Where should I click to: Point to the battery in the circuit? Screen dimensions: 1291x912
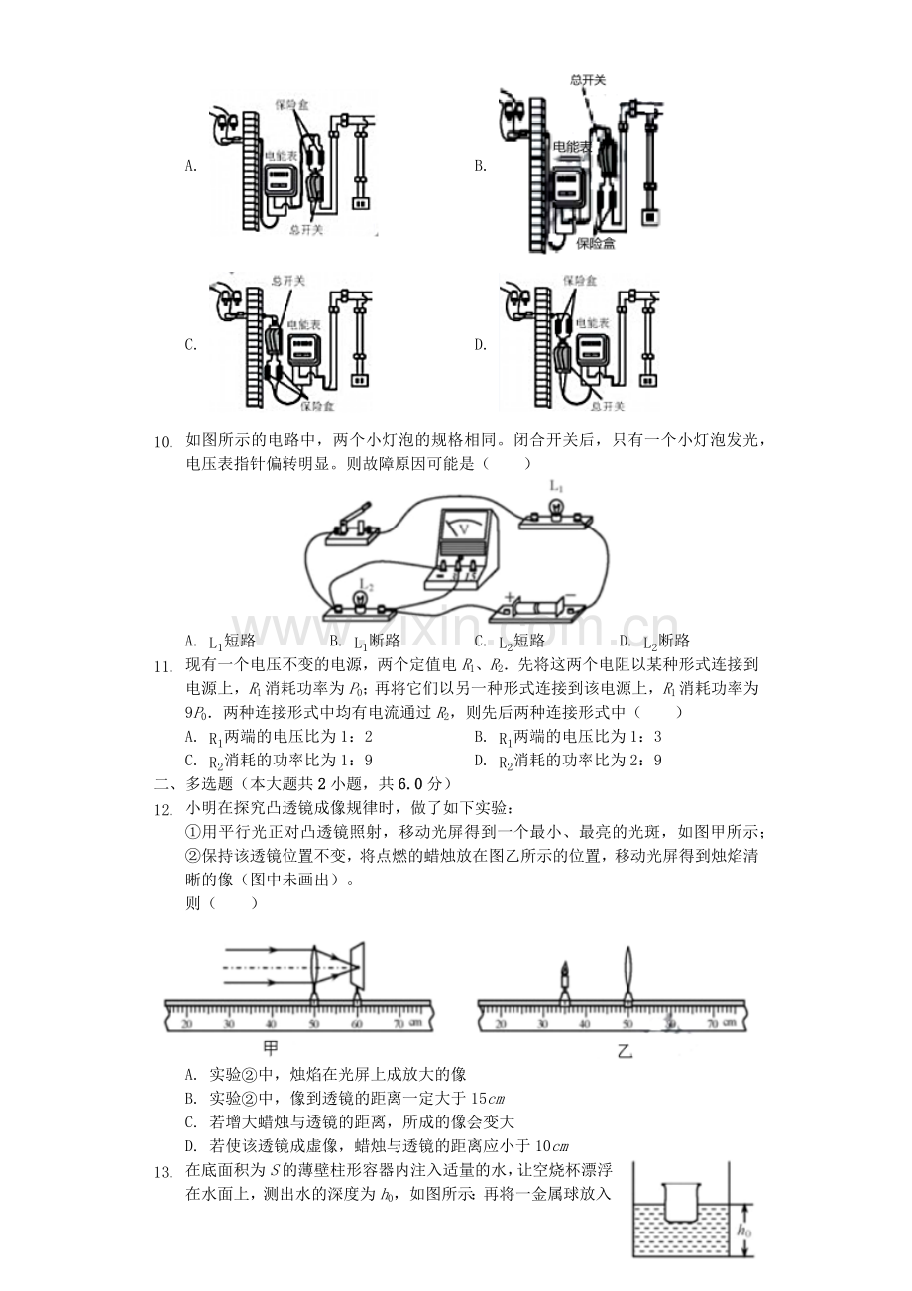click(538, 605)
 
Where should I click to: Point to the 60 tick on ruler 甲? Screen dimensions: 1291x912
click(357, 1022)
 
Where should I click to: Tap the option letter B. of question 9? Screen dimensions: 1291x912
click(480, 166)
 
